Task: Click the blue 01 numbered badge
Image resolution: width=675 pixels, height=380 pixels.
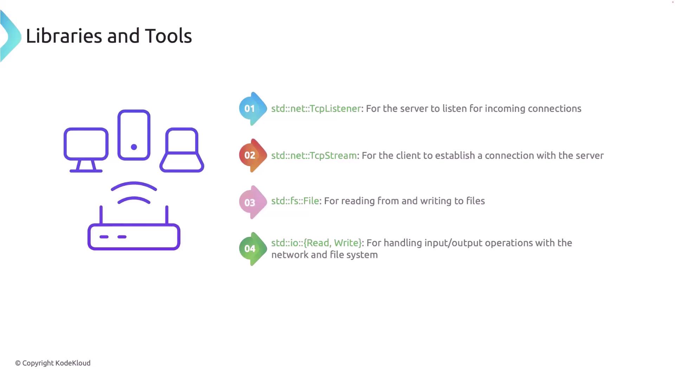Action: tap(253, 109)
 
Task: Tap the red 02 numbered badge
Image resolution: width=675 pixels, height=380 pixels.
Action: tap(253, 156)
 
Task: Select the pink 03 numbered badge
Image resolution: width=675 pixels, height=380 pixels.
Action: tap(253, 202)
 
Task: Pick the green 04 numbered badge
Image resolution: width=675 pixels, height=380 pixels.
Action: tap(253, 249)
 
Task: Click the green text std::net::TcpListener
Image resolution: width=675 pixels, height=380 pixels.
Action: tap(316, 108)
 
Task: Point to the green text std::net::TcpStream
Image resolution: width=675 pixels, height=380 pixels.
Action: tap(314, 156)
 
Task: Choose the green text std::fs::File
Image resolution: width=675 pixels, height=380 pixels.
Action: tap(295, 201)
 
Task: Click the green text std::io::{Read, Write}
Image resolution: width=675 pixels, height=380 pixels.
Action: tap(316, 243)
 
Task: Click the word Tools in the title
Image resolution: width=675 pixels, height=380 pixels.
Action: tap(168, 36)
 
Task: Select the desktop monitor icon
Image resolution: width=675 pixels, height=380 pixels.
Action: tap(86, 150)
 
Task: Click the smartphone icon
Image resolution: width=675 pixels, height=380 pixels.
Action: tap(134, 135)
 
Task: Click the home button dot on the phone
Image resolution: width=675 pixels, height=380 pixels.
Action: tap(134, 147)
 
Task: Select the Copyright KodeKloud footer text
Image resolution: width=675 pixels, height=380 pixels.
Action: tap(53, 363)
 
